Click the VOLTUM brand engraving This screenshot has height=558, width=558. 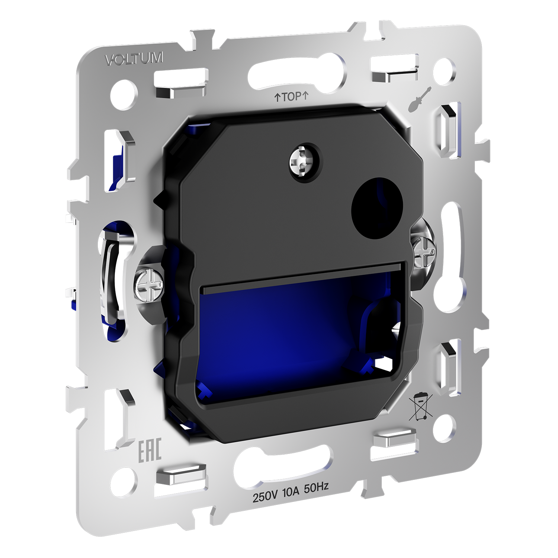(134, 59)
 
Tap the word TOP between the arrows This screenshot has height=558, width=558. (291, 97)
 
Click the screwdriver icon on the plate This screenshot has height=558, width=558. (420, 99)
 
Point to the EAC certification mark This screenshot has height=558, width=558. (150, 450)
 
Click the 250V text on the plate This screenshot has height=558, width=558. (265, 496)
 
